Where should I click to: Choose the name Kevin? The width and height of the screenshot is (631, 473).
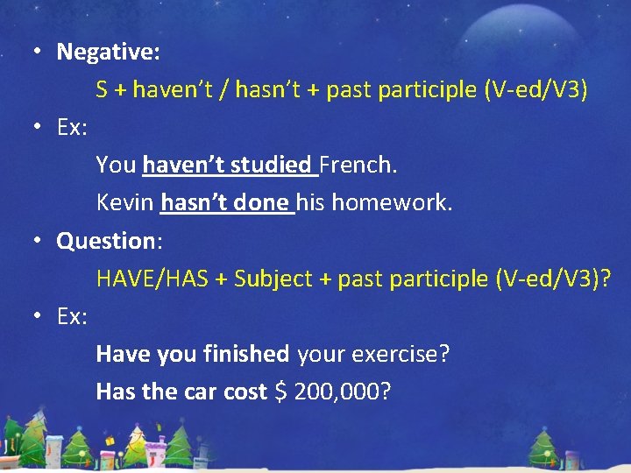pos(125,203)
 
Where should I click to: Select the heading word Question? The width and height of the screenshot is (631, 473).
pos(105,241)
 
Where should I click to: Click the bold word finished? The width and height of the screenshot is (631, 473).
pos(245,354)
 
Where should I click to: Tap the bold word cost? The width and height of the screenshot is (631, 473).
pos(245,392)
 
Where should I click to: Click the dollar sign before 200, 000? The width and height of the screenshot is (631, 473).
pos(280,392)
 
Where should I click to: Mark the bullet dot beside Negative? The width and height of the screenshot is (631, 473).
pos(39,52)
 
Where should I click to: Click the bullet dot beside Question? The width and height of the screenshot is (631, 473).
pos(39,241)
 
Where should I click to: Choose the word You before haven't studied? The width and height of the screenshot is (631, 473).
pos(116,165)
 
